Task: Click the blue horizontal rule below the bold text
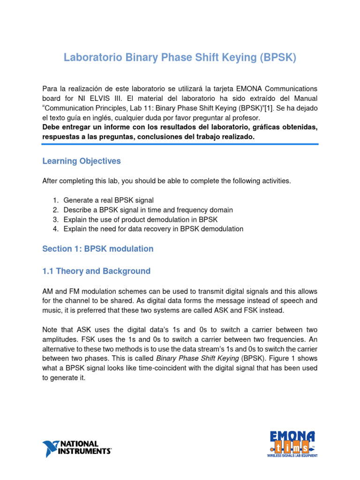[180, 144]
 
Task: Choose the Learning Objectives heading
[82, 161]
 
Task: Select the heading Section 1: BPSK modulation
[97, 249]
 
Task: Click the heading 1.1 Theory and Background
[96, 271]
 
